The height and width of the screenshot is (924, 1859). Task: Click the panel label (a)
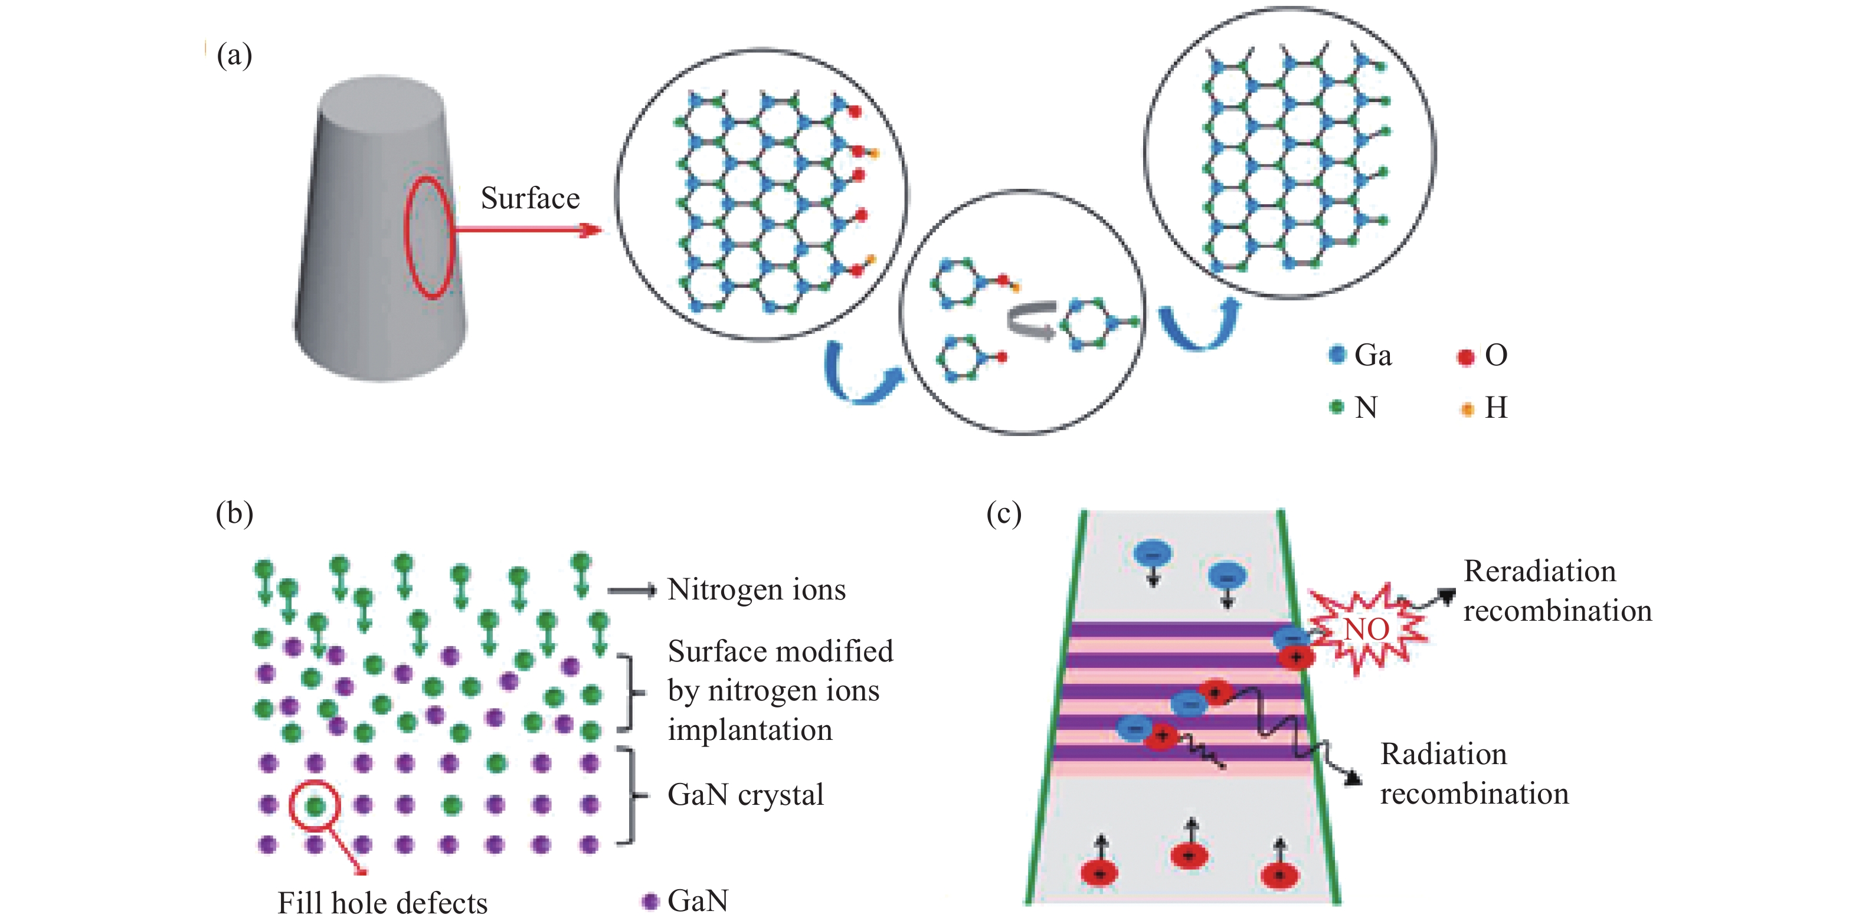(x=234, y=55)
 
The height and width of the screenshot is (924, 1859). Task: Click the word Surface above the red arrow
(x=530, y=198)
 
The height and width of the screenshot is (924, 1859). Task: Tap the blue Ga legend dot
(x=1337, y=355)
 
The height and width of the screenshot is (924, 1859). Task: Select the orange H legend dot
(x=1467, y=409)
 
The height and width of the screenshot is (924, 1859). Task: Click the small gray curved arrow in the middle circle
(x=1030, y=321)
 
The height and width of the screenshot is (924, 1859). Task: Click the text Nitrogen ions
(x=757, y=590)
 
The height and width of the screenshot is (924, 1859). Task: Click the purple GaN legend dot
(x=650, y=901)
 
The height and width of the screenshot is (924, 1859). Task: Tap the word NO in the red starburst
(x=1366, y=629)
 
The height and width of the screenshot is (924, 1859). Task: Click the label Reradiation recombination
(x=1557, y=591)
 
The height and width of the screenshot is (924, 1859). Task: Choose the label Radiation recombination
(x=1474, y=774)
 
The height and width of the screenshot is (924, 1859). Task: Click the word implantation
(x=750, y=730)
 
